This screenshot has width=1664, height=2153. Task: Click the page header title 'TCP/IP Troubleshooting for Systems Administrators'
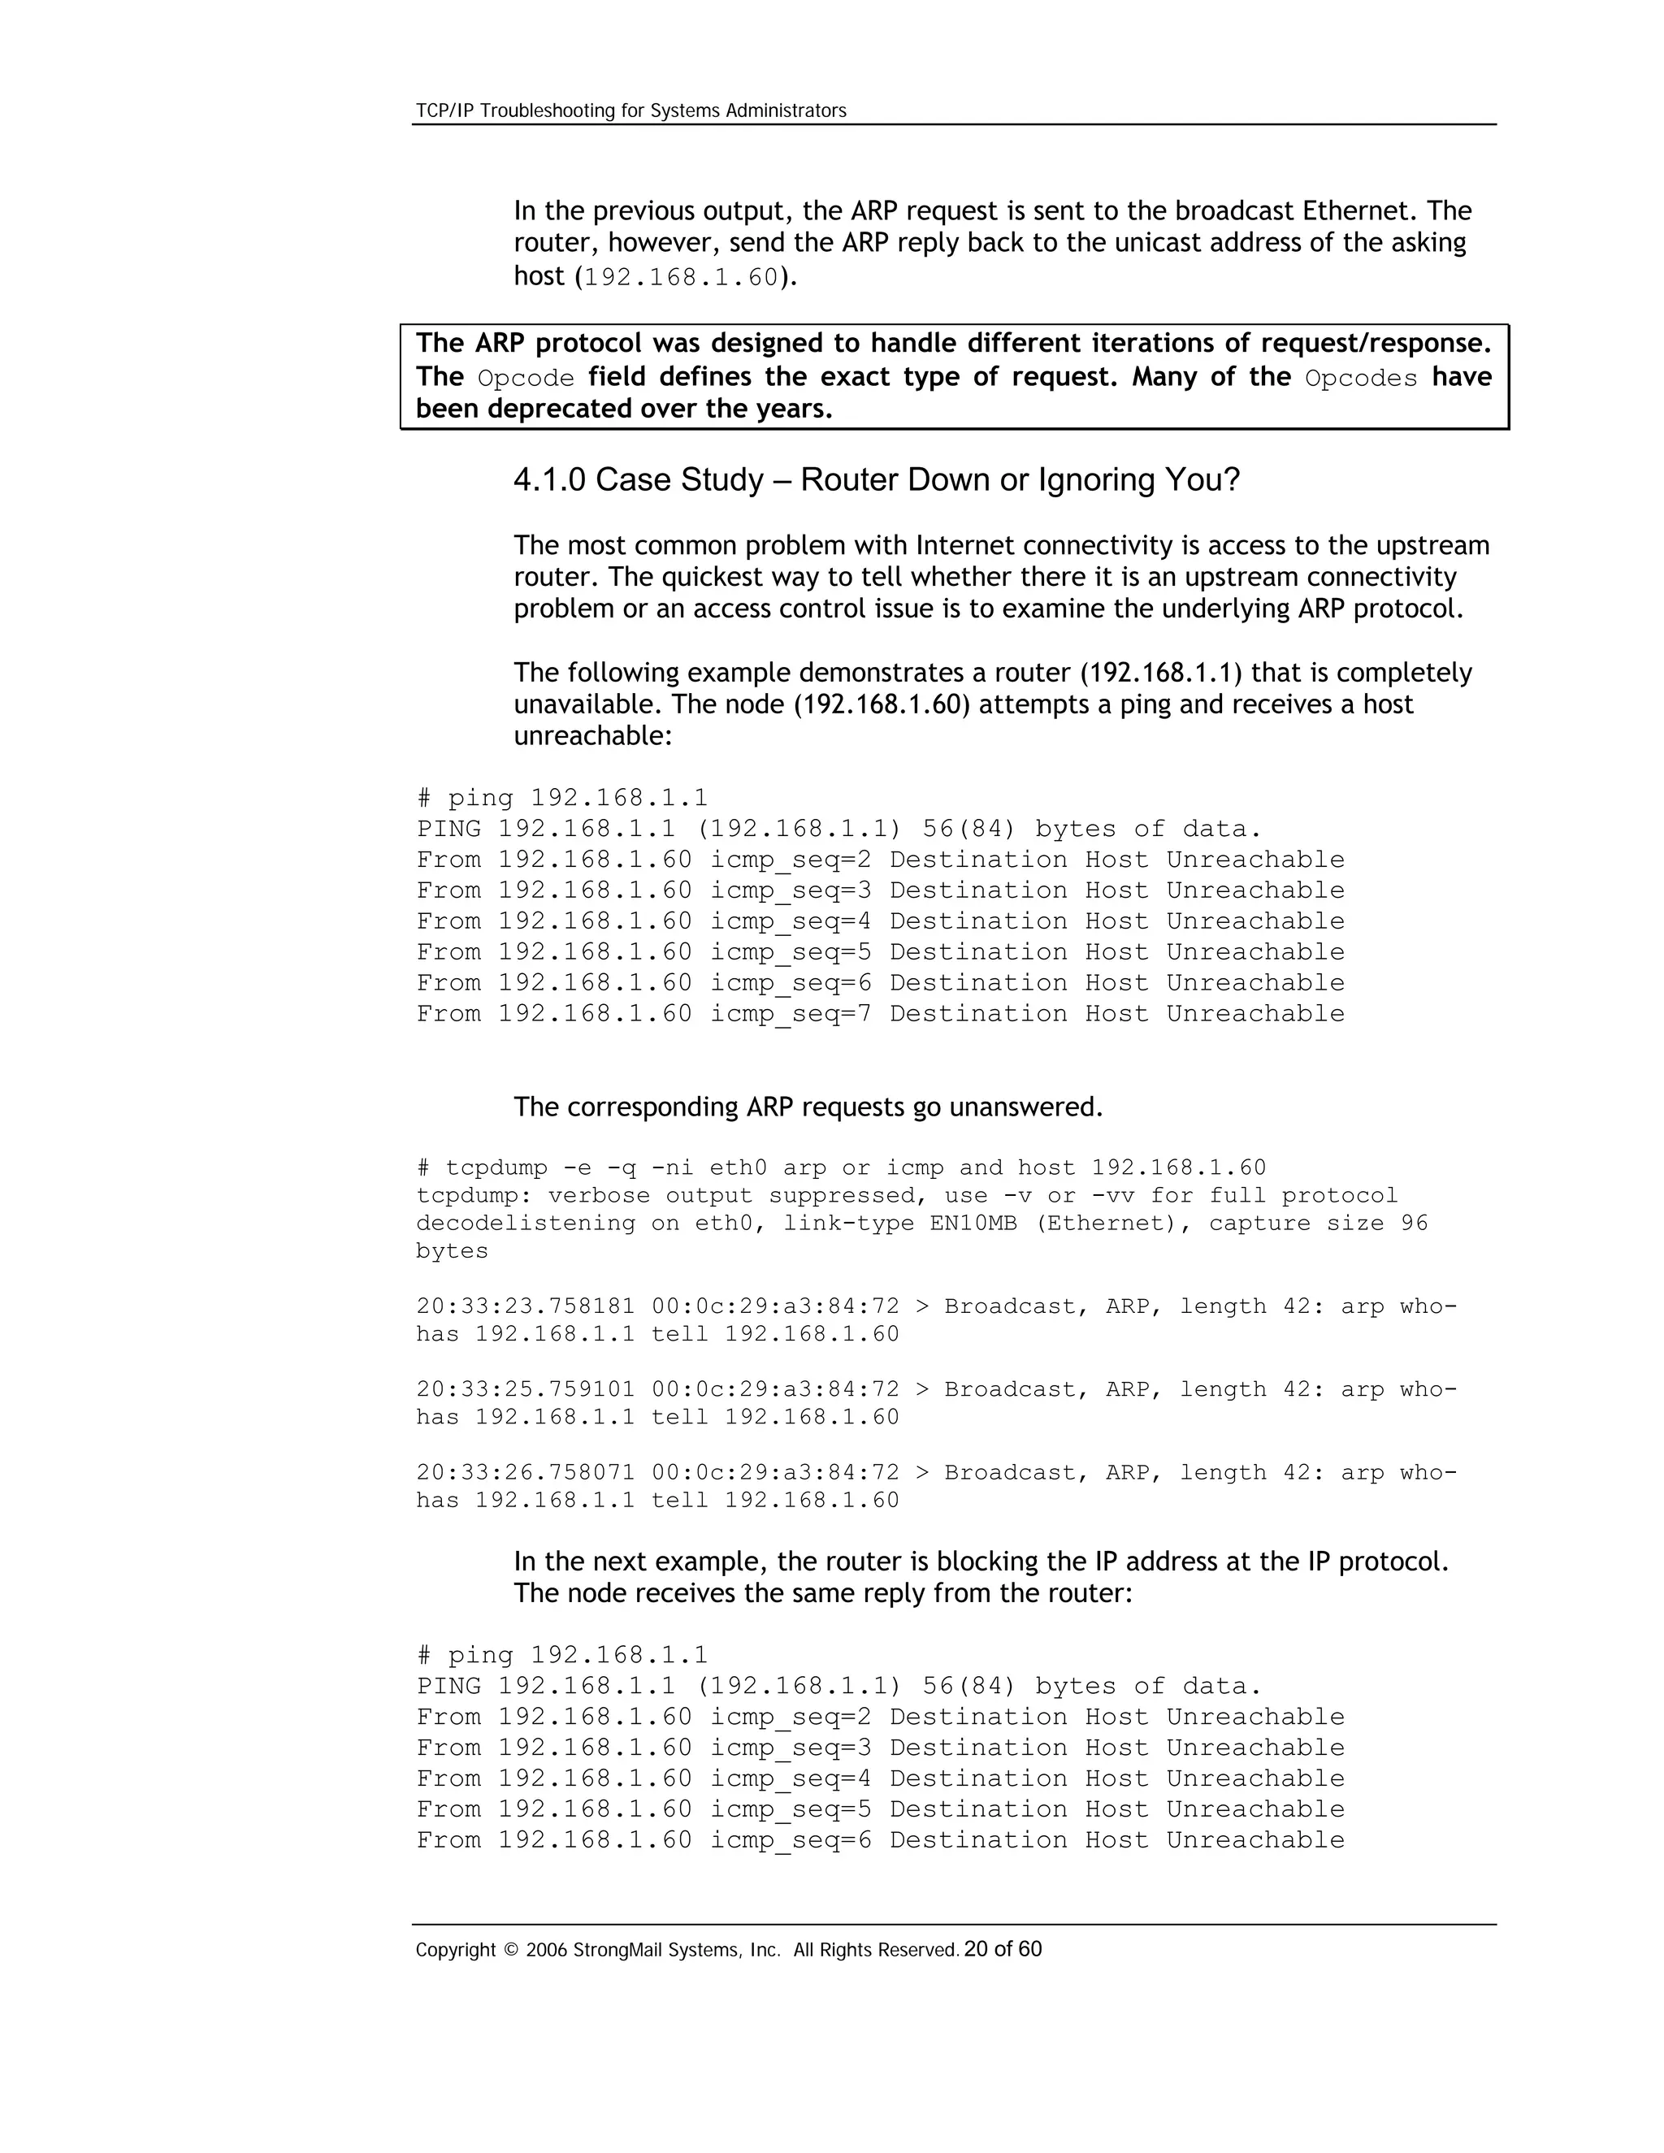630,110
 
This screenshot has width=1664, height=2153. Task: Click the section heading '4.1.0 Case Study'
638,480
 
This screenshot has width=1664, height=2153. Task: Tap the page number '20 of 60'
1003,1949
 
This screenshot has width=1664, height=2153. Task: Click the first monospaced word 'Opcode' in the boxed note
526,379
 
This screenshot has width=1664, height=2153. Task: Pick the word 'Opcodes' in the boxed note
1360,379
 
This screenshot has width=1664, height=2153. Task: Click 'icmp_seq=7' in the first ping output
791,1015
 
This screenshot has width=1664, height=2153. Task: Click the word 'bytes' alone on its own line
452,1251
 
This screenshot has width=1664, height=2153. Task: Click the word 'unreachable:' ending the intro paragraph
592,735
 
